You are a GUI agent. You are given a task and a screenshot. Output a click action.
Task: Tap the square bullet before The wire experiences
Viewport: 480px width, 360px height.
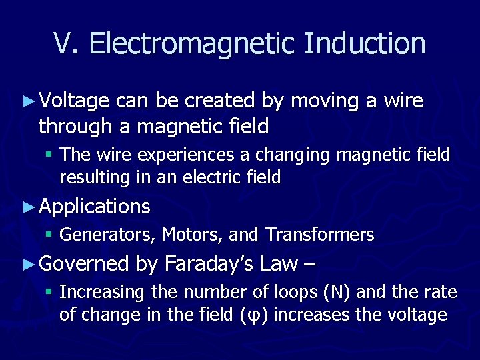(x=50, y=155)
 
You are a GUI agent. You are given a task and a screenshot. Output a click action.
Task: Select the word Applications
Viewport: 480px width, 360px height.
(x=95, y=207)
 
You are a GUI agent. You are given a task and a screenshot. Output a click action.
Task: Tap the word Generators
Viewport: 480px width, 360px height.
(x=108, y=235)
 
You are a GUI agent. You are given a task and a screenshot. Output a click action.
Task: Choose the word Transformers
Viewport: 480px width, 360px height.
(x=320, y=235)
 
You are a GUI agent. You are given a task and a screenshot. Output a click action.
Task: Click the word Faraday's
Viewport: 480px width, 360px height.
(x=208, y=264)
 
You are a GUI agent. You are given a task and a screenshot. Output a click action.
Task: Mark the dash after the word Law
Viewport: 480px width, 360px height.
(x=309, y=265)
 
